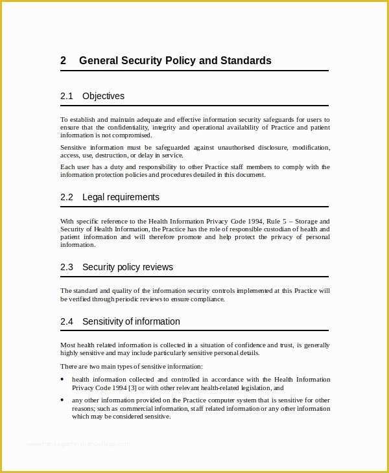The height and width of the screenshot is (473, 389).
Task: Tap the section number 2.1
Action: pyautogui.click(x=67, y=96)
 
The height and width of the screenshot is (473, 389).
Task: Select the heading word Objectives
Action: pyautogui.click(x=103, y=96)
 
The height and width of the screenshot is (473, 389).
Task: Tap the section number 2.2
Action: pyautogui.click(x=67, y=197)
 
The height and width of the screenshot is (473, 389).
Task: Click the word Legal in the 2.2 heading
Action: pyautogui.click(x=93, y=197)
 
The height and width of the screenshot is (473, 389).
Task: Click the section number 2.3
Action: pyautogui.click(x=67, y=267)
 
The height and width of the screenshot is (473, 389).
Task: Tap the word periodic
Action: pyautogui.click(x=127, y=299)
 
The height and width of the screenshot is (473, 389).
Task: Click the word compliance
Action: pyautogui.click(x=207, y=299)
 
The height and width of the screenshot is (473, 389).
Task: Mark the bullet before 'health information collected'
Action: pyautogui.click(x=62, y=380)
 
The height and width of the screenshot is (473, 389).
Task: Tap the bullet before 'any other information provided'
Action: pyautogui.click(x=62, y=400)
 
